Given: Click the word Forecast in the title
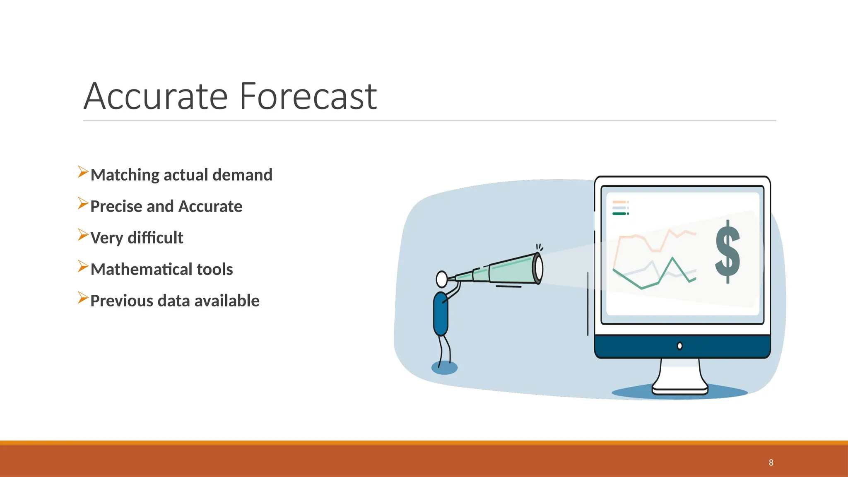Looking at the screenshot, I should point(308,96).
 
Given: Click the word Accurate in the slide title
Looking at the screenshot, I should point(156,96).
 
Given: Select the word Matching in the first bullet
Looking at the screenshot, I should point(125,175).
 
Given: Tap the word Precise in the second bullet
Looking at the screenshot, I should point(111,206).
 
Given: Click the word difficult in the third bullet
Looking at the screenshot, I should point(155,238).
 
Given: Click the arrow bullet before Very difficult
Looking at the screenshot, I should point(83,235).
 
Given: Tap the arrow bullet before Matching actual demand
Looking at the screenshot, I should point(83,172).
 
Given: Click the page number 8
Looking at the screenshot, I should point(771,463).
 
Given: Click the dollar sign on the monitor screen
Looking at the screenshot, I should point(728,252).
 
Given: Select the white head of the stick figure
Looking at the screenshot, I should point(442,279).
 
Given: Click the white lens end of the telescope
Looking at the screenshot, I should point(539,268).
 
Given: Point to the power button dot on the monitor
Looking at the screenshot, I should point(679,346).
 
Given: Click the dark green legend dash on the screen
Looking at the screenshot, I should point(619,214).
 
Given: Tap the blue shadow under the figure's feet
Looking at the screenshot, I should point(444,368).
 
